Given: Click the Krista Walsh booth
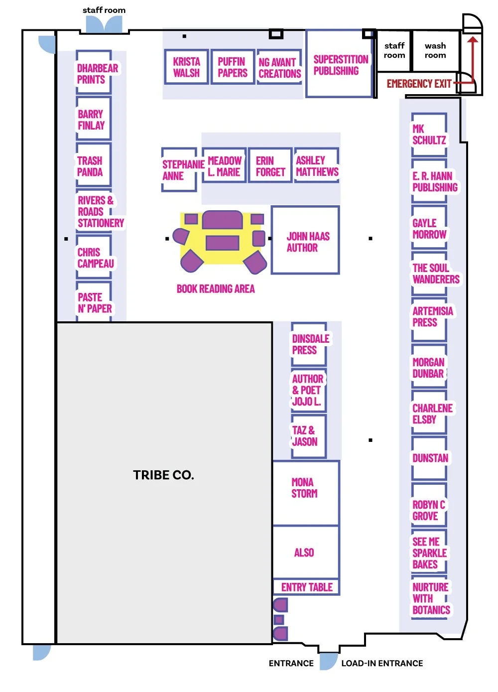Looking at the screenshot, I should pyautogui.click(x=186, y=67).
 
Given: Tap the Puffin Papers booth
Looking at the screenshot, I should pyautogui.click(x=233, y=67).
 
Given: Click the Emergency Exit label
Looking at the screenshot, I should pyautogui.click(x=419, y=84).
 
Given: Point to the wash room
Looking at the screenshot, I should pyautogui.click(x=435, y=51).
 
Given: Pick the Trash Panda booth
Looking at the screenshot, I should pyautogui.click(x=93, y=166).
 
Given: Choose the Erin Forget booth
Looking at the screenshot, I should pyautogui.click(x=270, y=166).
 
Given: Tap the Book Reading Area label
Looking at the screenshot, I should pyautogui.click(x=216, y=289).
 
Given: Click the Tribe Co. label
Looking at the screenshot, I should pyautogui.click(x=163, y=475).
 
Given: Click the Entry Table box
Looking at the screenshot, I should pyautogui.click(x=306, y=587).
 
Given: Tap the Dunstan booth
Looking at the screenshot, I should pyautogui.click(x=429, y=458).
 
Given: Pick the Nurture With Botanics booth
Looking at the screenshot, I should pyautogui.click(x=430, y=598).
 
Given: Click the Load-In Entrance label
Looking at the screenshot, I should pyautogui.click(x=381, y=663).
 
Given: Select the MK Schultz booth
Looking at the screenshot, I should pyautogui.click(x=428, y=135).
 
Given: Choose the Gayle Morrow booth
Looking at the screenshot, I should pyautogui.click(x=429, y=229).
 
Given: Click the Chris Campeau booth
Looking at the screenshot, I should pyautogui.click(x=94, y=258).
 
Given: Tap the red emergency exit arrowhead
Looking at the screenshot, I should pyautogui.click(x=473, y=39).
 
